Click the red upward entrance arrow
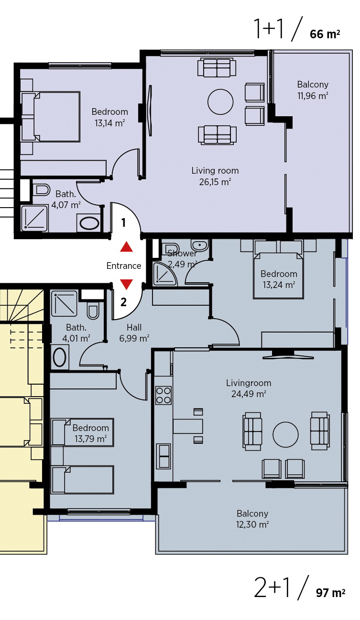tap(127, 247)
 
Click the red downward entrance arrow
tap(127, 285)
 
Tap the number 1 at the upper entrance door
tap(123, 222)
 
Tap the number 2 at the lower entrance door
tap(123, 302)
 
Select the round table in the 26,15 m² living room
tap(220, 102)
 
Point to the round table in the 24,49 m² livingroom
tap(285, 434)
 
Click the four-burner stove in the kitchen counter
tap(163, 395)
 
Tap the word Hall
tap(134, 327)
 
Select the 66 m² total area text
tap(325, 34)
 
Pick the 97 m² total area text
tap(330, 593)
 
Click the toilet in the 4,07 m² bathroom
tap(41, 190)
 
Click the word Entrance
tap(124, 266)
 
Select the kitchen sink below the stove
tap(164, 456)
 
